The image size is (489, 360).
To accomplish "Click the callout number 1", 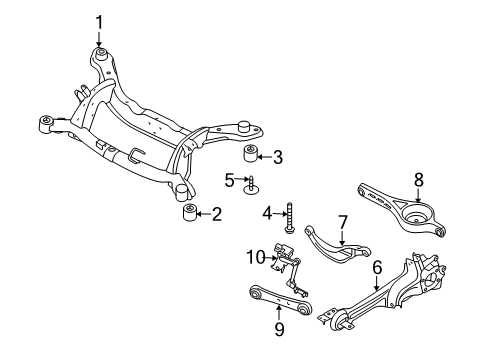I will (100, 21).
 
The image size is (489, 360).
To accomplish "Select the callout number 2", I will (215, 213).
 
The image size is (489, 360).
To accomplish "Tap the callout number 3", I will (278, 156).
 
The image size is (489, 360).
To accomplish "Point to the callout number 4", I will (267, 213).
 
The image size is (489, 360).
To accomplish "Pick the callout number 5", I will (229, 179).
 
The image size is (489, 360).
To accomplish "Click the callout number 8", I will (419, 181).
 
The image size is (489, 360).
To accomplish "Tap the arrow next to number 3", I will (265, 156).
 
